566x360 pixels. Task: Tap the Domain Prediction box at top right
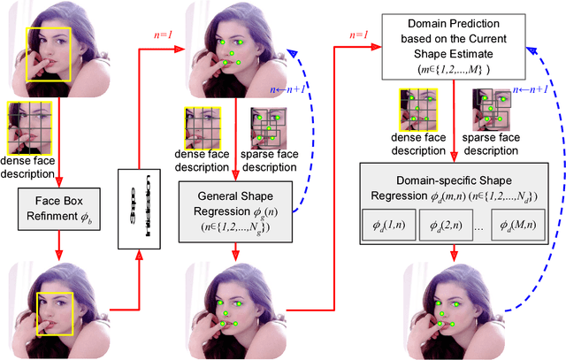tap(455, 44)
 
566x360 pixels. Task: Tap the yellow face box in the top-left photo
tap(43, 50)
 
